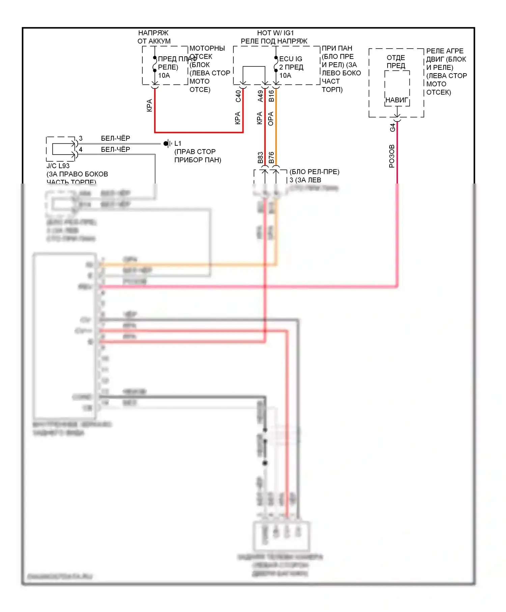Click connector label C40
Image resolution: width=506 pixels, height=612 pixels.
pos(238,96)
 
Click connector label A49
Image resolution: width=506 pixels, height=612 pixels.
pos(260,96)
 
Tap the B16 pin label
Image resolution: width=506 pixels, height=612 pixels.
pos(271,96)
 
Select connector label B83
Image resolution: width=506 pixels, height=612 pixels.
pos(260,158)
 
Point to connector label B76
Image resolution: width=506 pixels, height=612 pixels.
pos(271,158)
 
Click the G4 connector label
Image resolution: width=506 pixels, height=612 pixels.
pos(392,128)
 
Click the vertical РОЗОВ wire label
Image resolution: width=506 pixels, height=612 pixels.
pos(392,156)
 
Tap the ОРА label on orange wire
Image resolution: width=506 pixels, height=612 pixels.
pos(271,119)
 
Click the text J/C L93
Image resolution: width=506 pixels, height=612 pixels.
pos(58,166)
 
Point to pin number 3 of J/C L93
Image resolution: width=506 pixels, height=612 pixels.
pos(81,138)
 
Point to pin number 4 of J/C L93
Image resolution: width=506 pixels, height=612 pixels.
pos(81,149)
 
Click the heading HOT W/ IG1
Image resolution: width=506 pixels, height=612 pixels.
pos(275,33)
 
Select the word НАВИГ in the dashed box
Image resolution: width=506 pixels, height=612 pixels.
pos(397,100)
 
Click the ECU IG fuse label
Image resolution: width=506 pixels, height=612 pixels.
pos(291,59)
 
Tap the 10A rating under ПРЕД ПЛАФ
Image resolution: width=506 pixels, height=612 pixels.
pos(164,76)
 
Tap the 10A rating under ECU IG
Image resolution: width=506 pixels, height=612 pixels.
pos(285,76)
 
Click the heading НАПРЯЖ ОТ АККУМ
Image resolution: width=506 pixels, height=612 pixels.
pos(154,37)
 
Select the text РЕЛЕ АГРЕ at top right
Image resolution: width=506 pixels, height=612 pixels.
pos(445,51)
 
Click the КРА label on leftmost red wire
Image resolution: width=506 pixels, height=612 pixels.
pos(149,106)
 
